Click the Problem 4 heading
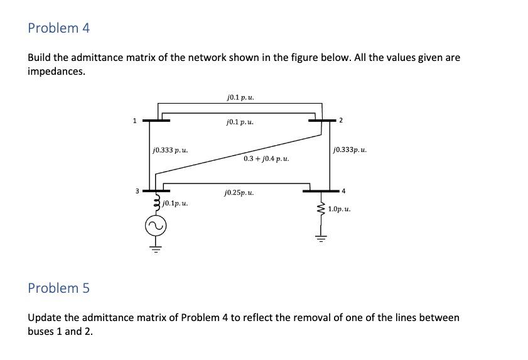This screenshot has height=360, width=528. click(x=59, y=28)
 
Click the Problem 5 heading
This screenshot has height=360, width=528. click(x=59, y=288)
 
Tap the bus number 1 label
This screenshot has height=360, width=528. click(x=134, y=120)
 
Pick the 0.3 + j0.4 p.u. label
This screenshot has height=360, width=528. click(x=266, y=158)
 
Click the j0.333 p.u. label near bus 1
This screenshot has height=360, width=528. click(x=170, y=151)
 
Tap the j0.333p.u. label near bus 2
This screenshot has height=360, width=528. click(x=350, y=151)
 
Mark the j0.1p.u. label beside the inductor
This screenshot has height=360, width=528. click(x=175, y=204)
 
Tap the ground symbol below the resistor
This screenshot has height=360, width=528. click(x=321, y=238)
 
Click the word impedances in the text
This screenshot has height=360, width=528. click(x=56, y=71)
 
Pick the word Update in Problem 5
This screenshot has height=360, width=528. click(x=45, y=317)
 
